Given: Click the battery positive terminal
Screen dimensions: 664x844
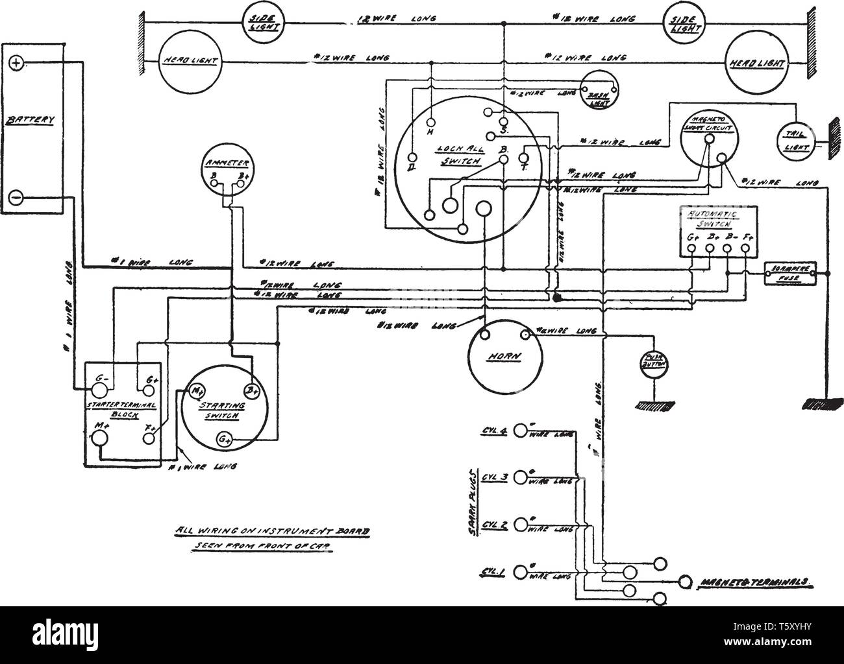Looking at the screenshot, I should pos(17,63).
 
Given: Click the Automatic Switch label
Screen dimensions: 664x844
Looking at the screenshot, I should pos(713,219).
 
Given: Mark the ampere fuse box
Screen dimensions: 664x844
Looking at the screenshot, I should pos(791,274).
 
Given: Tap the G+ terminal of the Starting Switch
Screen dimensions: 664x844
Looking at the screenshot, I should pos(225,442).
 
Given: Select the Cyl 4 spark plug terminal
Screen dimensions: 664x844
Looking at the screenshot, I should pos(520,430).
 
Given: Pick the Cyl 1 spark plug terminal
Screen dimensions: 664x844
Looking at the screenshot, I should pos(520,571).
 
